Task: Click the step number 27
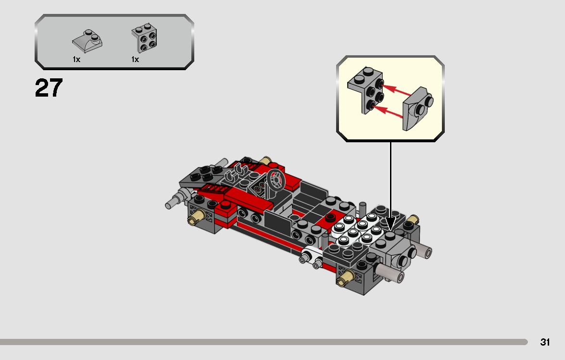(49, 88)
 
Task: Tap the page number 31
(545, 342)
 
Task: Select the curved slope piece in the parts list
(87, 41)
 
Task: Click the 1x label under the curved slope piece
(76, 60)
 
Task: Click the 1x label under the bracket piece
(135, 60)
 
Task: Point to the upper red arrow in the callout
(398, 90)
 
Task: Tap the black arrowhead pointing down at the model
(390, 223)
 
